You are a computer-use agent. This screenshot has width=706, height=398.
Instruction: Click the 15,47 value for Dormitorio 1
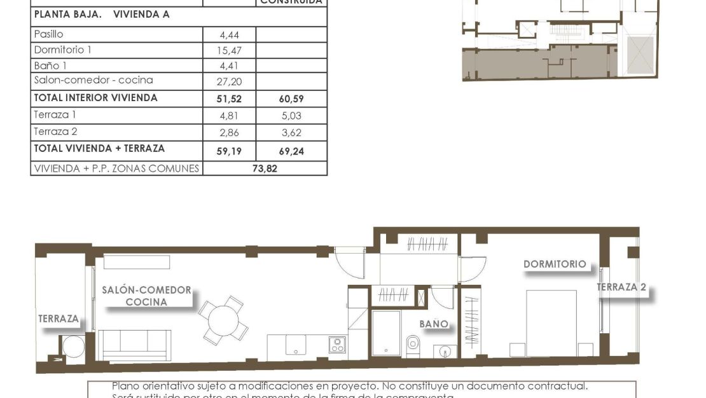click(229, 50)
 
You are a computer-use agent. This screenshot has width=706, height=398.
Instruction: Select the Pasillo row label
click(48, 34)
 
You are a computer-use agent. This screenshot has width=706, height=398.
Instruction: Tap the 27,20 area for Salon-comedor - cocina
click(229, 81)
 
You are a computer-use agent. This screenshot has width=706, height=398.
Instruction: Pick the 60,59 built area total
click(291, 99)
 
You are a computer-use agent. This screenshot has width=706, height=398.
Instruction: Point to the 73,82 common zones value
click(265, 169)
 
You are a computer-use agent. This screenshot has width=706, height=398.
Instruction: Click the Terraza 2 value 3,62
click(291, 133)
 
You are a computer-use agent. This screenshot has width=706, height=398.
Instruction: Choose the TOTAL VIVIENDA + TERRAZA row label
click(99, 149)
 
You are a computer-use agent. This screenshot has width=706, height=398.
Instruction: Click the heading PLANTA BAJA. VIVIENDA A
click(101, 14)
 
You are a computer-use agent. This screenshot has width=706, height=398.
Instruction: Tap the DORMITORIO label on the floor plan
click(555, 264)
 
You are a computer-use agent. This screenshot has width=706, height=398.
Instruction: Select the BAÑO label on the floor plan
click(434, 324)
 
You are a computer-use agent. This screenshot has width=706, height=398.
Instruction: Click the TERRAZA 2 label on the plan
click(621, 287)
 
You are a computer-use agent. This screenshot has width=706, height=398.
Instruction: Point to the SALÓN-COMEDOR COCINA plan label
click(146, 296)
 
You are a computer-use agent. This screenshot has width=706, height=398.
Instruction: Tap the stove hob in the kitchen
click(337, 345)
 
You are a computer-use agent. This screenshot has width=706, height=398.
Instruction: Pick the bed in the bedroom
click(551, 323)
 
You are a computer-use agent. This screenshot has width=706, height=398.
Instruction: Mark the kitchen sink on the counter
click(295, 345)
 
